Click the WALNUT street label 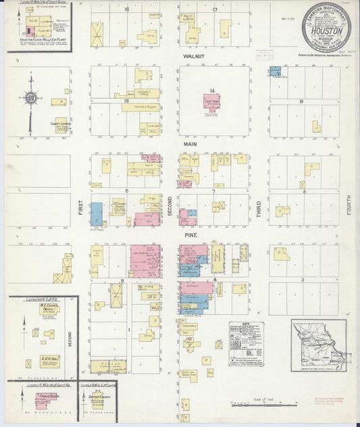pyautogui.click(x=193, y=57)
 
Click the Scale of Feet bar pyautogui.click(x=259, y=406)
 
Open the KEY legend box pyautogui.click(x=247, y=345)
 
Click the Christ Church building pyautogui.click(x=60, y=126)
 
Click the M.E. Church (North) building pyautogui.click(x=47, y=314)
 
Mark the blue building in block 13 pyautogui.click(x=276, y=71)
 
